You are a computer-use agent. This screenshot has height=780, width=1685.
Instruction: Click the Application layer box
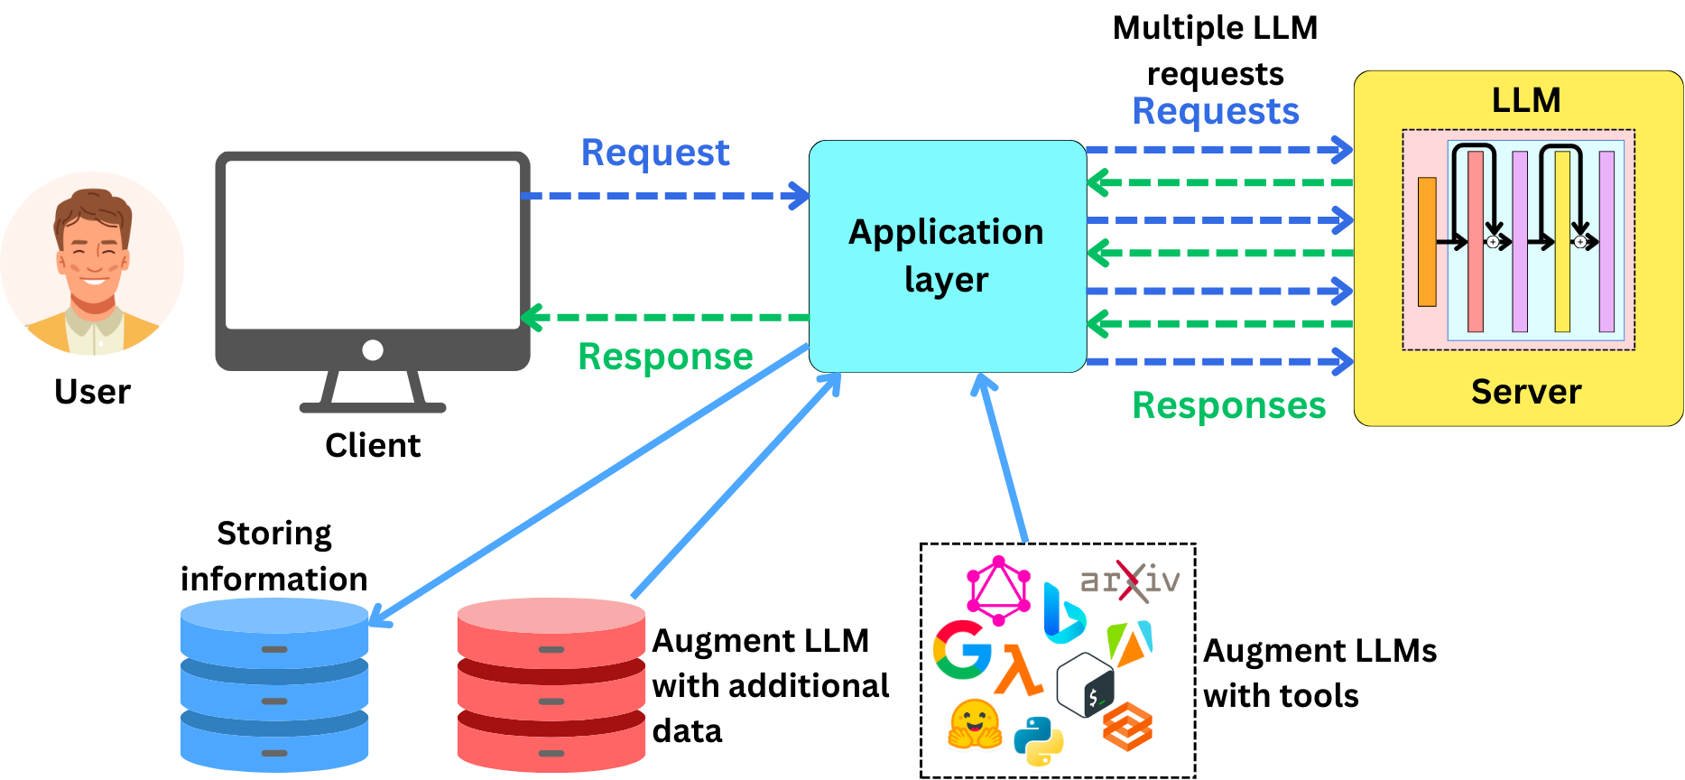pos(947,255)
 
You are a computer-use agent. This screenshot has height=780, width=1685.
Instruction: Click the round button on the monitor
pos(372,350)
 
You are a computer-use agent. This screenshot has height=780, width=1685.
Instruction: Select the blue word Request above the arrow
pos(654,153)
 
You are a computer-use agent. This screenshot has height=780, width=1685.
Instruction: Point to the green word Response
pos(665,357)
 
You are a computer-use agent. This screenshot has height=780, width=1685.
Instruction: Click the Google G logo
pos(961,649)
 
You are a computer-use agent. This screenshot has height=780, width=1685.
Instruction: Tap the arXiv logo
pos(1130,580)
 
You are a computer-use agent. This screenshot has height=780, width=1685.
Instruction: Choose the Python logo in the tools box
pos(1038,740)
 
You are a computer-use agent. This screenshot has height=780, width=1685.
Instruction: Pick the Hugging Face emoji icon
pos(975,724)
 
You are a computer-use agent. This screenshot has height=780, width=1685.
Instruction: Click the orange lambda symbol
pos(1018,670)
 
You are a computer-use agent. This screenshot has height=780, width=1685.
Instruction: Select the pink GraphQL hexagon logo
pos(998,591)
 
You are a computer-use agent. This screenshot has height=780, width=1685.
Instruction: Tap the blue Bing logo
pos(1062,614)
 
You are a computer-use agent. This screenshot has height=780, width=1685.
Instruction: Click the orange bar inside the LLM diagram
pos(1427,242)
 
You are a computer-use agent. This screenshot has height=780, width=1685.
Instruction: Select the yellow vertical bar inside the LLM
pos(1562,242)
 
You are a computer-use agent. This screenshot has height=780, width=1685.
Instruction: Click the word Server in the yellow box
pos(1525,392)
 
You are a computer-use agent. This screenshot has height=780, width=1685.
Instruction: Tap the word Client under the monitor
pos(372,445)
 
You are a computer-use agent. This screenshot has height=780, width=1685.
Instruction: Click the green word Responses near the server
pos(1228,405)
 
